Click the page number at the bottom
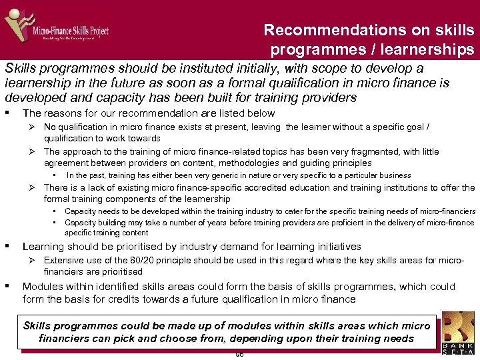[x=239, y=355]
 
